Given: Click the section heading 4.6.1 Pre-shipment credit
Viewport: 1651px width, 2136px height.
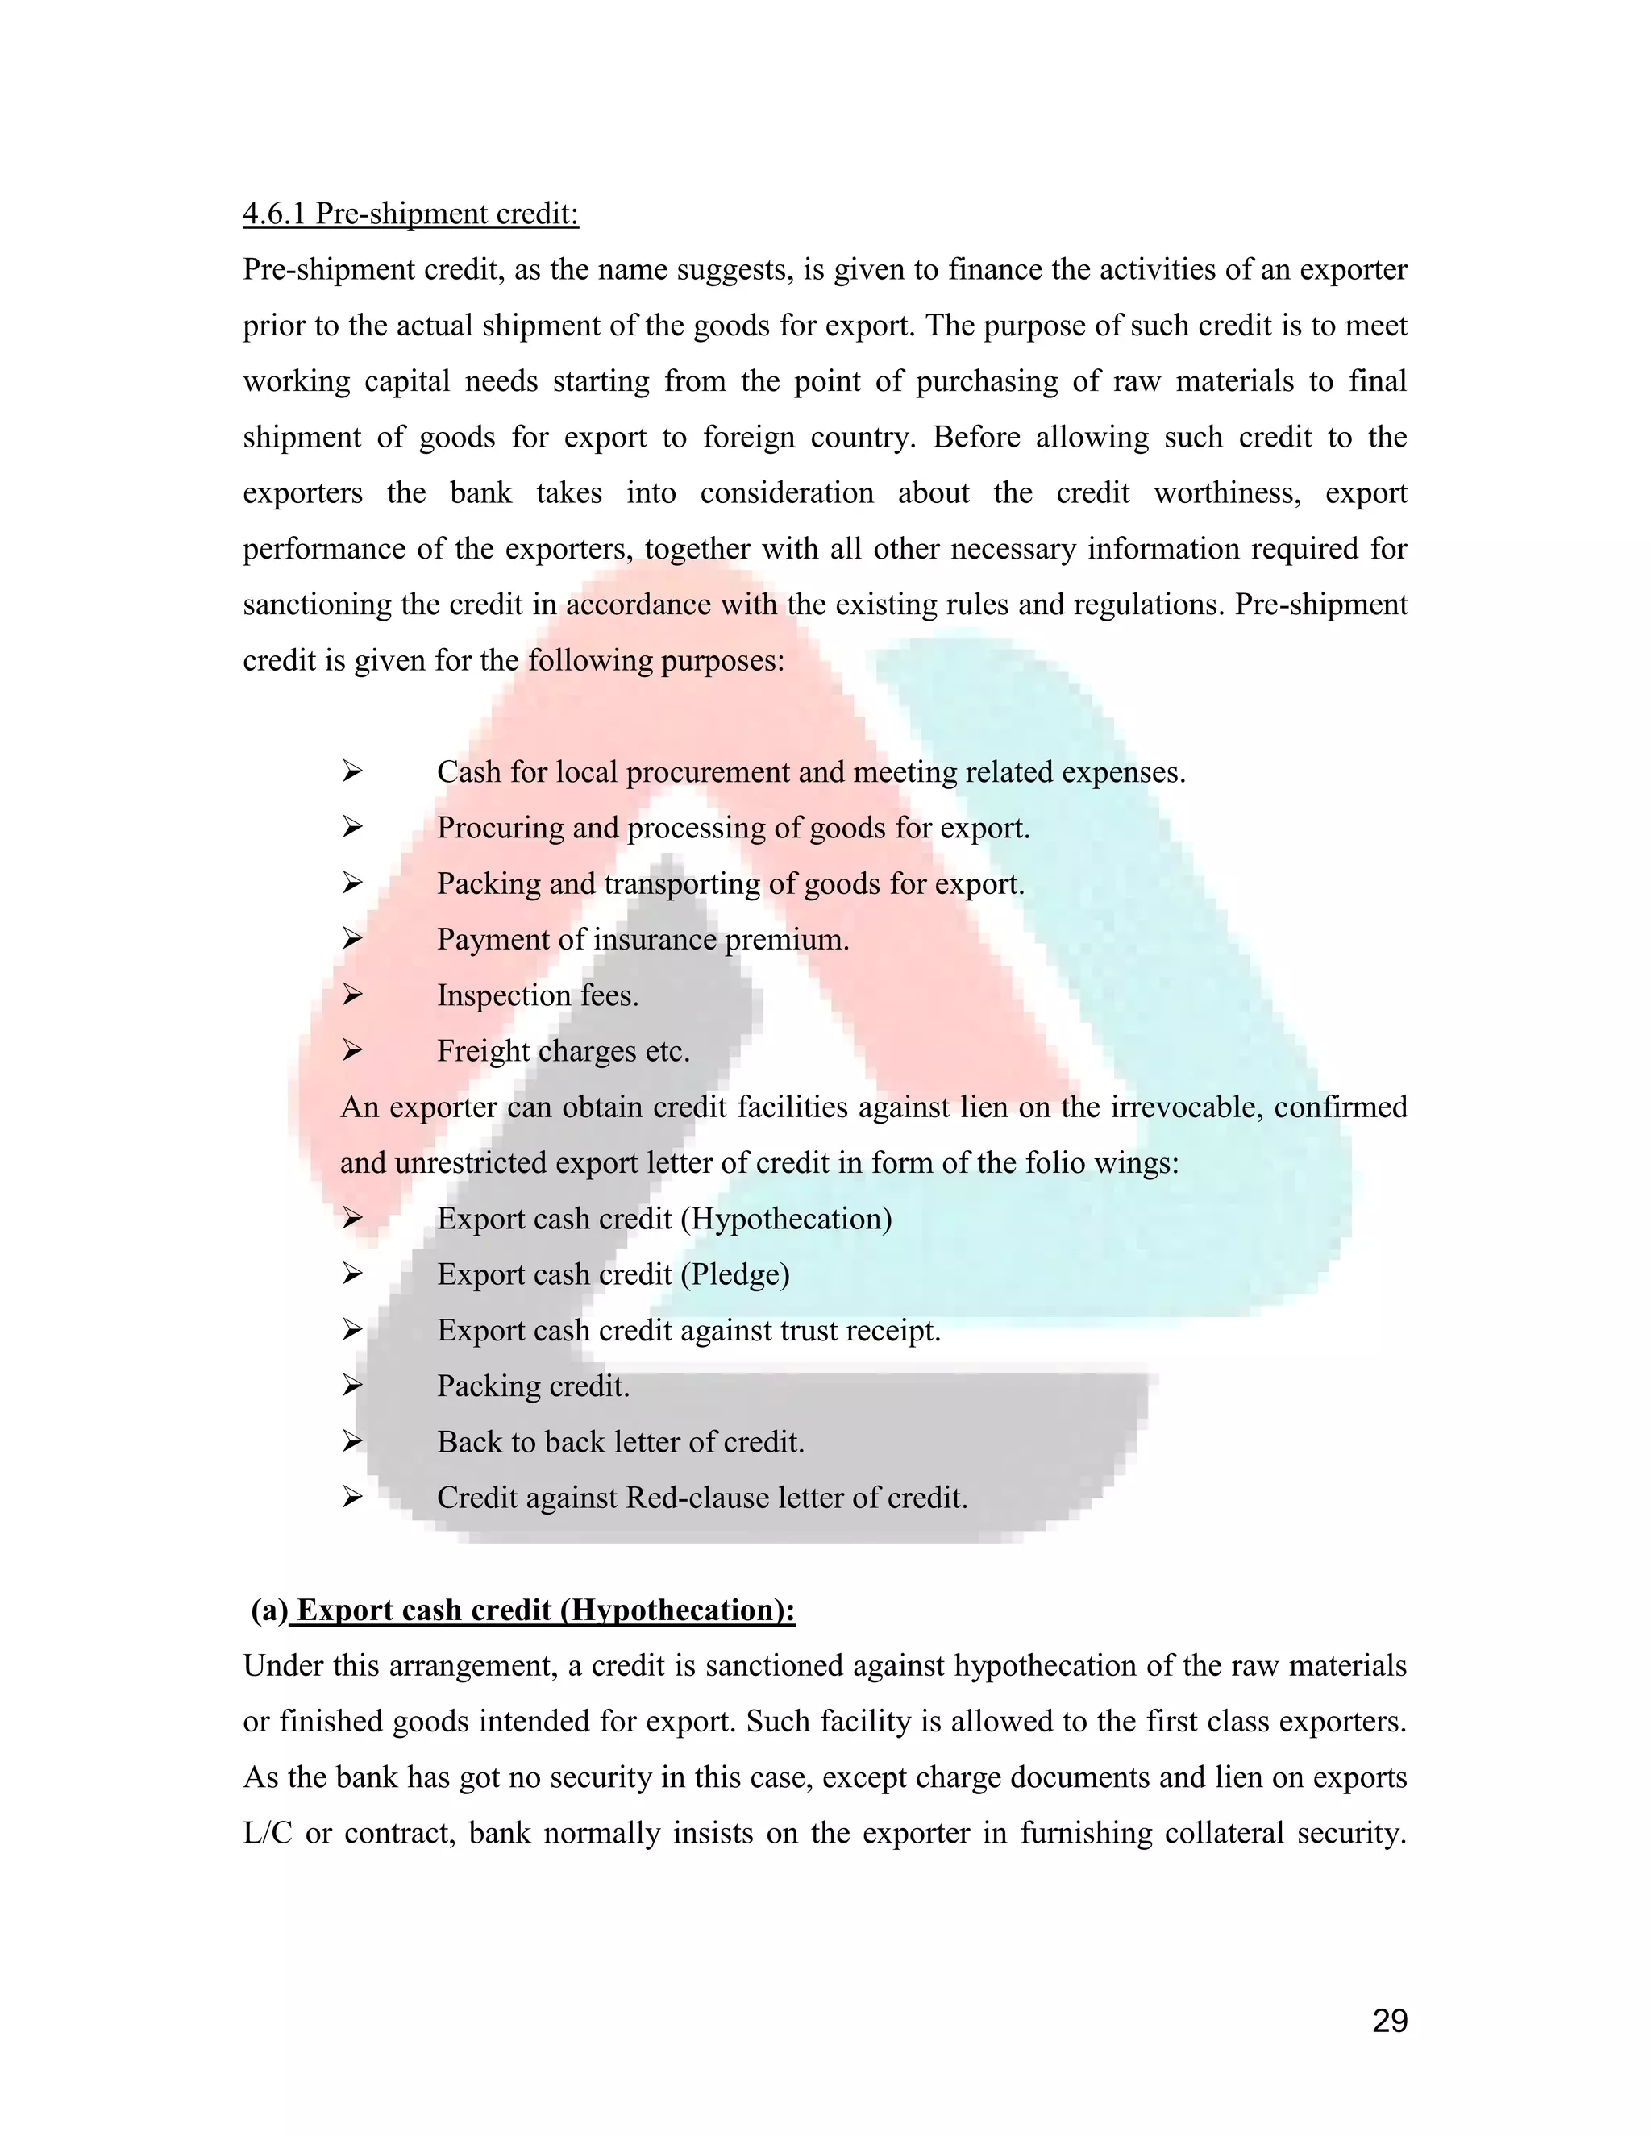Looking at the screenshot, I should pos(411,214).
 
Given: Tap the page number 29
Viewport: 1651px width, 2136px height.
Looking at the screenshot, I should pos(1389,2021).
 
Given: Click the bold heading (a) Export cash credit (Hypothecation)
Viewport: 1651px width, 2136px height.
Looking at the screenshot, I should pos(523,1610).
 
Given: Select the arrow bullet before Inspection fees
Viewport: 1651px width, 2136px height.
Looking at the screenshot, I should pos(352,995).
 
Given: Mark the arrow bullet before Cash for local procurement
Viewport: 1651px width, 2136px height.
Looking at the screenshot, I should pos(352,773).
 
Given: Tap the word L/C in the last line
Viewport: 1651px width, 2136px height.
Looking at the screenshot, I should pos(267,1834).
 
